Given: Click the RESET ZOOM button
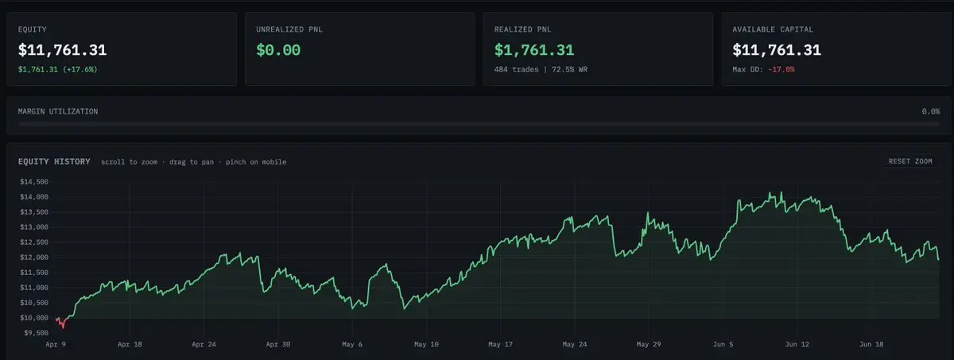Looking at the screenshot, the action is coord(910,161).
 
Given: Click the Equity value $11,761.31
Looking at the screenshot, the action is coord(62,50).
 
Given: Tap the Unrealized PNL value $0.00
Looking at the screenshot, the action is coord(278,50).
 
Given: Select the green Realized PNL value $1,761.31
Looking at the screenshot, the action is coord(534,50).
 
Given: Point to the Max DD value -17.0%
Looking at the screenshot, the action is coord(781,69).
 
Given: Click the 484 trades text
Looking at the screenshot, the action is coord(516,69).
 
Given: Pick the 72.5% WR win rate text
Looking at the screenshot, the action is coord(569,69).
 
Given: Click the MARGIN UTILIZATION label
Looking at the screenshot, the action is coord(58,111).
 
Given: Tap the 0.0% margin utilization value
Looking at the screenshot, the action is coord(931,111).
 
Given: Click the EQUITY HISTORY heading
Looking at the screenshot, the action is coord(54,161).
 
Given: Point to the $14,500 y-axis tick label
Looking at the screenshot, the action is coord(34,182).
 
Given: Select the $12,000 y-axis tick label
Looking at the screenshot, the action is coord(34,257).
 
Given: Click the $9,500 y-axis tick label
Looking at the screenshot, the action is coord(36,333).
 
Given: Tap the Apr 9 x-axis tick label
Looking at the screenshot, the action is coord(56,344).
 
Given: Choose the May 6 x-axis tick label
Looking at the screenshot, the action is coord(352,344).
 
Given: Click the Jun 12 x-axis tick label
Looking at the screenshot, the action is coord(797,344).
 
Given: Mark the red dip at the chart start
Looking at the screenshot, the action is coord(62,323).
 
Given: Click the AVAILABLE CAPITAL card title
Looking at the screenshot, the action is coord(773,29).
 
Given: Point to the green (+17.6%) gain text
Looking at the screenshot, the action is coord(80,69).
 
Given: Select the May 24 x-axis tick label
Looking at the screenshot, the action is coord(575,344).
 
